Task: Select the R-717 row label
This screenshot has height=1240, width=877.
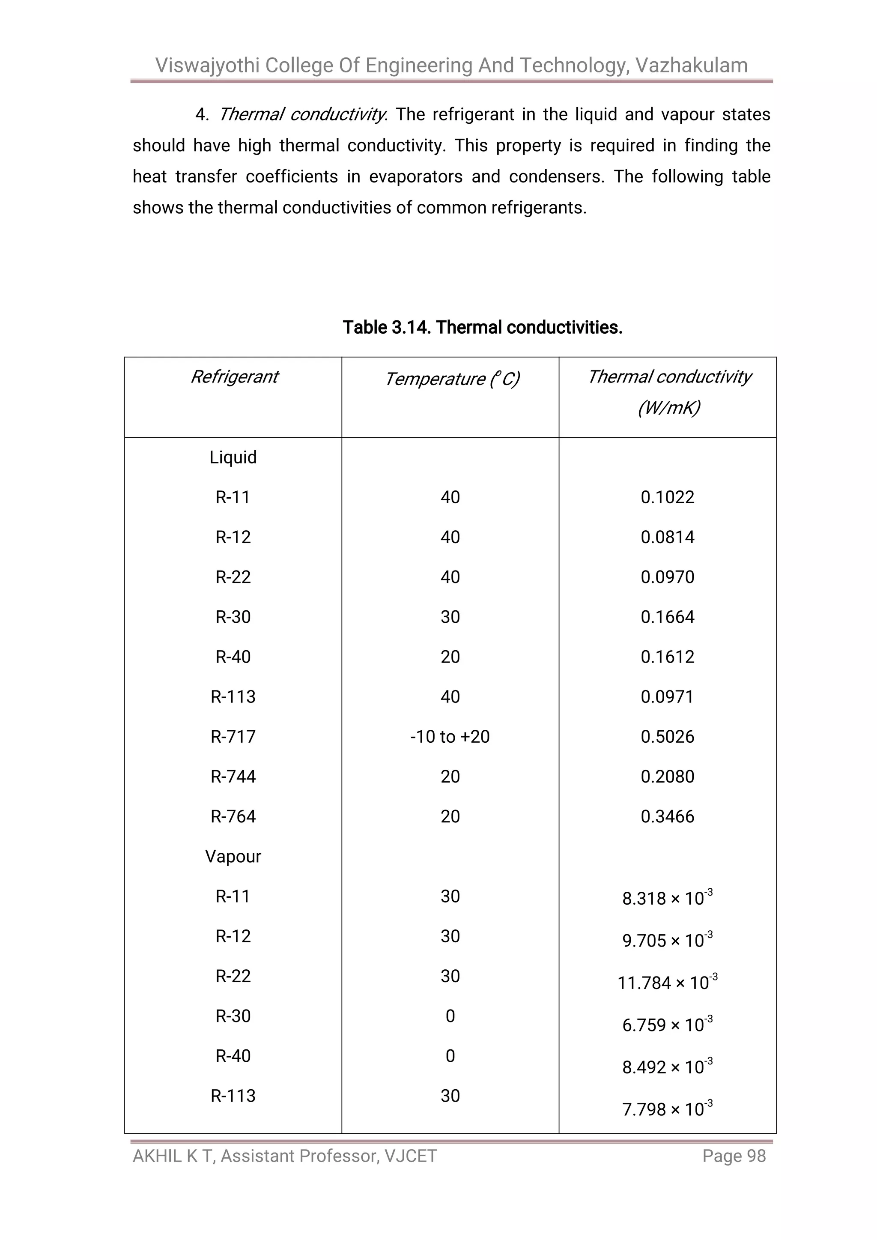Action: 233,737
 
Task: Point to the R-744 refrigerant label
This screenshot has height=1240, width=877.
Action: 233,777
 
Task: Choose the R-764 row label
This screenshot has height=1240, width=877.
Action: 233,816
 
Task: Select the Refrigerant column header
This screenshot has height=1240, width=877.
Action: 234,376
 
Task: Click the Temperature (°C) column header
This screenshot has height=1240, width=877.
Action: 451,379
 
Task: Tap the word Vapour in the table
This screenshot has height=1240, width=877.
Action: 233,857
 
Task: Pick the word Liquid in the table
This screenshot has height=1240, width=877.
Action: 233,457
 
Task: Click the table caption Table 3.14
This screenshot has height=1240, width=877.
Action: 387,327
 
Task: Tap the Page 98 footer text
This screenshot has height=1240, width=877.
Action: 734,1156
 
